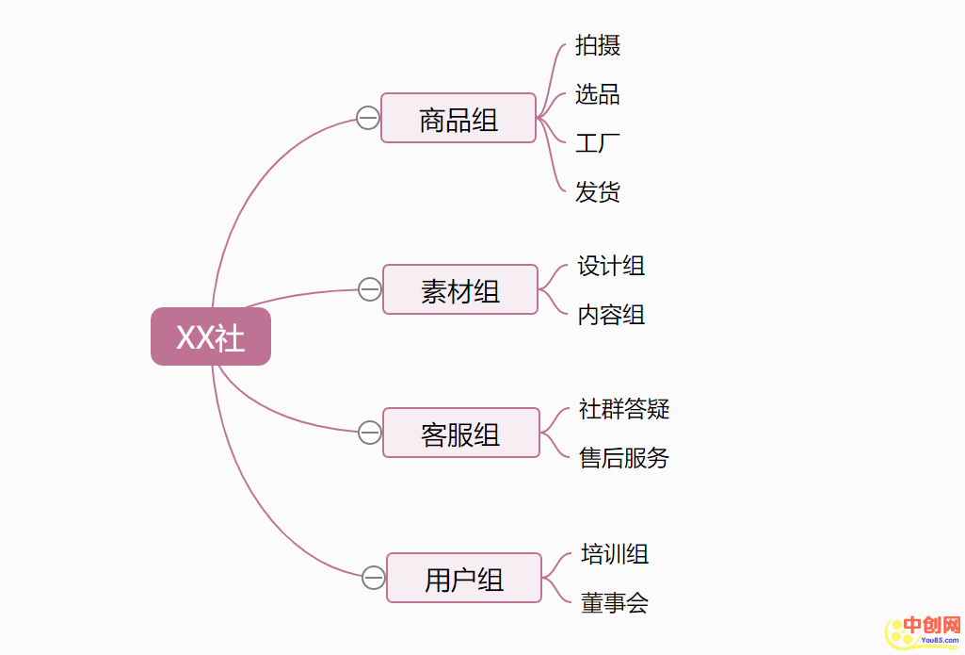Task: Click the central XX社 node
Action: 211,336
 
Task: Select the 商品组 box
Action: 458,119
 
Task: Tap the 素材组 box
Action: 460,290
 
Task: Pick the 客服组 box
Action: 461,434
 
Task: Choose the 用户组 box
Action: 464,579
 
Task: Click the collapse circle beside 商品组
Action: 368,118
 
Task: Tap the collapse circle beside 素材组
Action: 370,289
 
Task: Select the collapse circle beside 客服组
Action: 370,433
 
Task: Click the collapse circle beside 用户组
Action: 373,578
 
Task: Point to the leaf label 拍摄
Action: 598,45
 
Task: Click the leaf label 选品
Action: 598,94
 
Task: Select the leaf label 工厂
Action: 598,143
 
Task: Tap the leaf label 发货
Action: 598,192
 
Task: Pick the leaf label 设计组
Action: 611,266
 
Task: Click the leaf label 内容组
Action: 611,315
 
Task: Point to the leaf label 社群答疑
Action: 624,409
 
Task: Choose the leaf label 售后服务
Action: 624,458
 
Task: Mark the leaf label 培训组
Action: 615,554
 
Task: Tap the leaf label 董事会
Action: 615,603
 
